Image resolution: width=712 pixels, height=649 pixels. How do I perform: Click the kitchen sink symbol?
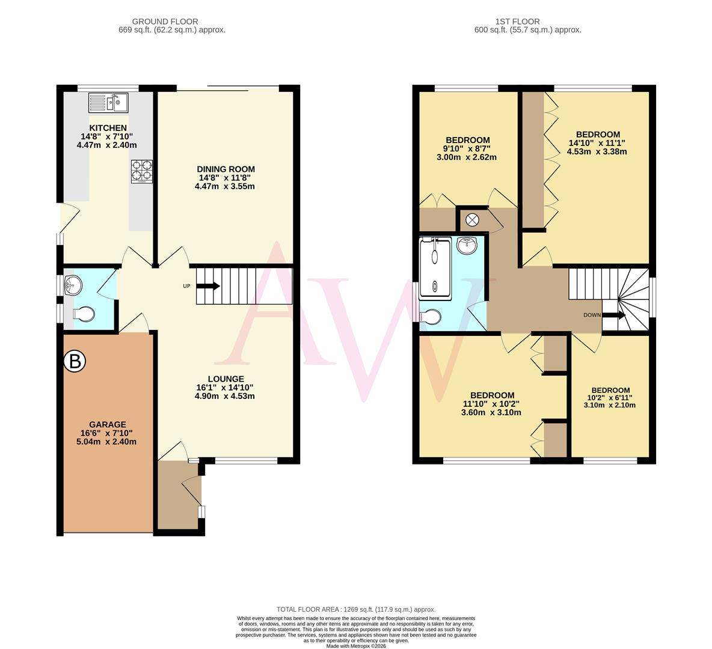pyautogui.click(x=108, y=103)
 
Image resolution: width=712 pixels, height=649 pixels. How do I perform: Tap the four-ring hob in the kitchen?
pyautogui.click(x=142, y=170)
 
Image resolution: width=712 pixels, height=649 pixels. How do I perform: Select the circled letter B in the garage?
pyautogui.click(x=75, y=361)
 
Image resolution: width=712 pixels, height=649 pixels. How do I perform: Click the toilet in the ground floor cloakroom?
pyautogui.click(x=84, y=314)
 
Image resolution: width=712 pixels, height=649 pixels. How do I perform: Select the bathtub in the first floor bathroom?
pyautogui.click(x=435, y=267)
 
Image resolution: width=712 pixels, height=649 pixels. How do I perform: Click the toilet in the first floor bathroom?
pyautogui.click(x=432, y=317)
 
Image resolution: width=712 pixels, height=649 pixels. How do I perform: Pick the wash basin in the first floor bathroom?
pyautogui.click(x=468, y=245)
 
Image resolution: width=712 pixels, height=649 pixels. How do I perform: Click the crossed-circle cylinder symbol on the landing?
pyautogui.click(x=473, y=220)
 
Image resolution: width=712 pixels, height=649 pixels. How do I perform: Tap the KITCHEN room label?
pyautogui.click(x=108, y=128)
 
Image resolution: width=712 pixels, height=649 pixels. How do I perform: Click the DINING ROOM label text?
pyautogui.click(x=227, y=169)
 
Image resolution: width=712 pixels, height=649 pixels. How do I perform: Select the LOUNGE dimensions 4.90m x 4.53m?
pyautogui.click(x=225, y=396)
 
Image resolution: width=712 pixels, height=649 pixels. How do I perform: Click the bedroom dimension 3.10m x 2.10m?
pyautogui.click(x=610, y=405)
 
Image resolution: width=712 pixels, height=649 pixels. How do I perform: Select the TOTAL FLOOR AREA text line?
pyautogui.click(x=355, y=609)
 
